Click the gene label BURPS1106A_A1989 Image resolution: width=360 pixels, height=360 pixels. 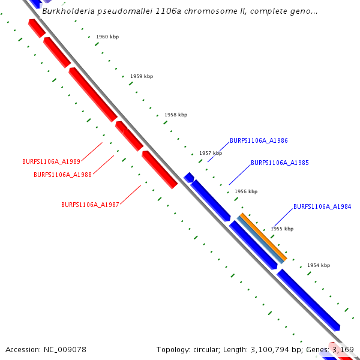[51, 161]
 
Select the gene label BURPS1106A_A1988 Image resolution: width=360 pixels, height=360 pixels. [63, 175]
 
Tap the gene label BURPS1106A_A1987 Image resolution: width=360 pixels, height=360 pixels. [90, 205]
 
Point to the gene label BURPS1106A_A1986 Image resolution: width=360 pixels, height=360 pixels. [259, 140]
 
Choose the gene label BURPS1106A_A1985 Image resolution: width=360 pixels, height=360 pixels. [280, 163]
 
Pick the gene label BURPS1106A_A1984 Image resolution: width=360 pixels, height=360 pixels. [322, 206]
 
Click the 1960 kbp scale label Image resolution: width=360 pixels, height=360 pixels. [107, 37]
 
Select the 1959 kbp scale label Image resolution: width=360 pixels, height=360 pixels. [142, 76]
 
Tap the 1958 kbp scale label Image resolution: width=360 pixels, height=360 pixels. [176, 115]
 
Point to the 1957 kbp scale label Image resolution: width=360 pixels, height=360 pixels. [211, 153]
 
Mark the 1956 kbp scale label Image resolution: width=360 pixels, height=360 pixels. [246, 191]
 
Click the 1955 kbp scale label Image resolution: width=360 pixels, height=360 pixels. [282, 229]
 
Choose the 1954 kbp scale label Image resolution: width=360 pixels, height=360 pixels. [319, 265]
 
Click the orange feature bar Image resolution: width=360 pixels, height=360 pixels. [263, 236]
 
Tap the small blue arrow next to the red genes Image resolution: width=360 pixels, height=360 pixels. [188, 177]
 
